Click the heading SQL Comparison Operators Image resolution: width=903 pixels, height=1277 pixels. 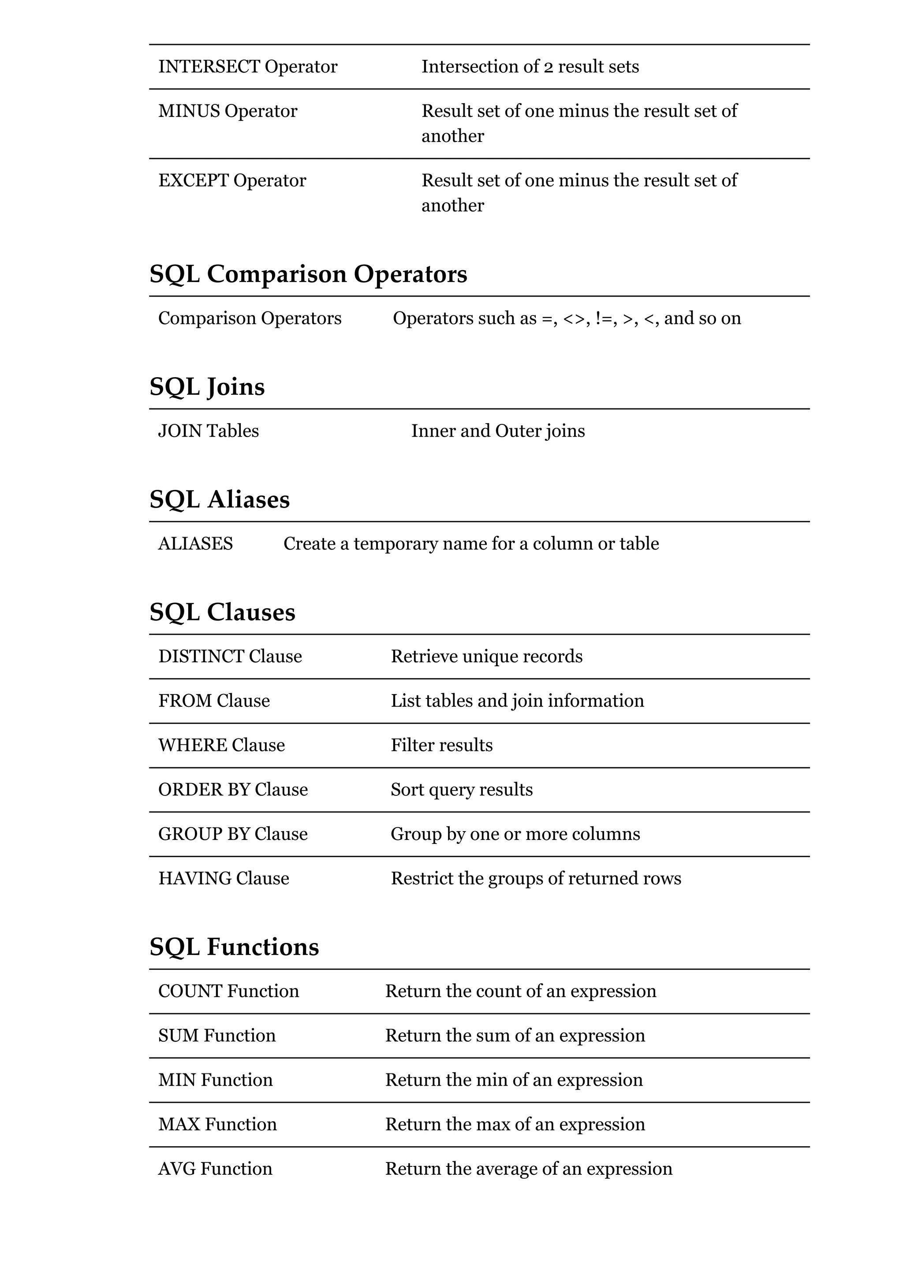click(308, 274)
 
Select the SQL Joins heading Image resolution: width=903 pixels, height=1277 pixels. click(207, 387)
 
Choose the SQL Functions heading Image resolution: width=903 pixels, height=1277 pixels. click(234, 947)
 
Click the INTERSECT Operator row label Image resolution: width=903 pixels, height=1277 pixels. click(248, 67)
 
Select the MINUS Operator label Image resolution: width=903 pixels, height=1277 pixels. click(228, 111)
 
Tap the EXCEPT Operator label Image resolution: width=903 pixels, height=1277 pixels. click(232, 181)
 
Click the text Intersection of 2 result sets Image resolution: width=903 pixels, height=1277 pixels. click(530, 67)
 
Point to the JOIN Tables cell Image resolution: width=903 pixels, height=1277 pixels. click(208, 431)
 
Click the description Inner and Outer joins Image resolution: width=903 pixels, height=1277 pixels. click(497, 431)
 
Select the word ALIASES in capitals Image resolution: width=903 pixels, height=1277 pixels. click(195, 544)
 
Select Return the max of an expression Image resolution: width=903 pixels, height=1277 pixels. click(515, 1125)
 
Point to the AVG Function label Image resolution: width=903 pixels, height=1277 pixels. click(215, 1169)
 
